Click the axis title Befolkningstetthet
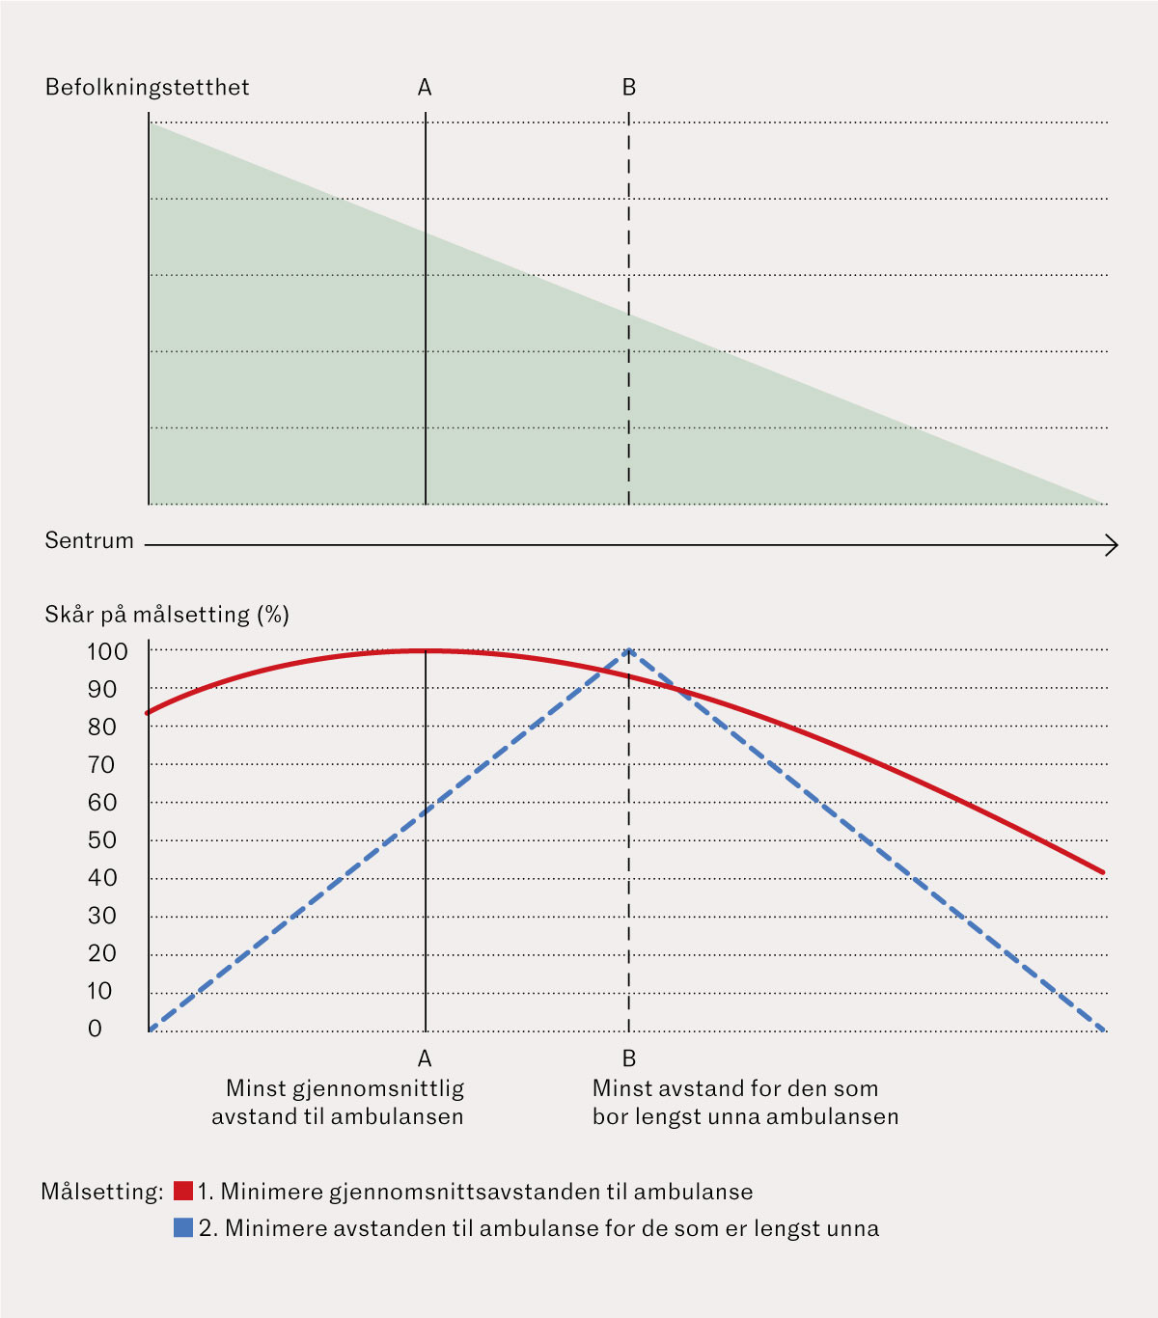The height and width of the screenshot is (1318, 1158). (x=147, y=88)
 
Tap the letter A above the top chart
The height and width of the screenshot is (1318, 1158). (x=425, y=88)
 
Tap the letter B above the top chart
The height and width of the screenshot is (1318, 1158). (x=629, y=88)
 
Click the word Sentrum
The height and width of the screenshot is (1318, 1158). (x=89, y=540)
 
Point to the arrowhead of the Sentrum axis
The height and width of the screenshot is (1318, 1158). (x=1113, y=546)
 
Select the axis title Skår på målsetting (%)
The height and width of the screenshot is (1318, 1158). (x=167, y=615)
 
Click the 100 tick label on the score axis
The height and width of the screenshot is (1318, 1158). (x=107, y=651)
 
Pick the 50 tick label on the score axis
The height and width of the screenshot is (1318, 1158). (x=102, y=840)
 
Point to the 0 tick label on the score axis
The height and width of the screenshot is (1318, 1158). (x=95, y=1030)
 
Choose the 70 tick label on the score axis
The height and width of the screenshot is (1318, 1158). (x=102, y=765)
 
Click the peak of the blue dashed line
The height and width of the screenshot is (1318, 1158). (x=629, y=650)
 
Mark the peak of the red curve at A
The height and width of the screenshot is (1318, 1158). (x=425, y=651)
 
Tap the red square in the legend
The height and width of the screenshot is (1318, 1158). (x=183, y=1191)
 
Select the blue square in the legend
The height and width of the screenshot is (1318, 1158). (x=183, y=1228)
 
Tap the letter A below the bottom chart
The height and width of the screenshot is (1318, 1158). (x=425, y=1058)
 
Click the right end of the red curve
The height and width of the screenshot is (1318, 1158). (x=1103, y=872)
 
